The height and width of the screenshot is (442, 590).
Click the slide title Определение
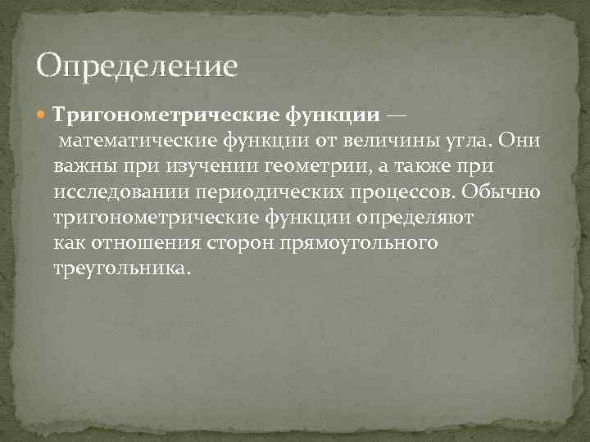tap(137, 65)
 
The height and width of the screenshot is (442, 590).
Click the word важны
tap(81, 166)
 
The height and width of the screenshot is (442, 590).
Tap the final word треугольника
tap(121, 269)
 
